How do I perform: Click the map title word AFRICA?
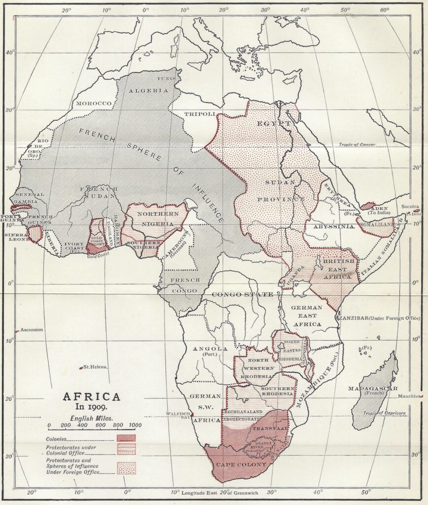tap(90, 397)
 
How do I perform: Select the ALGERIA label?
tap(142, 90)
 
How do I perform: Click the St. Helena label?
tap(94, 367)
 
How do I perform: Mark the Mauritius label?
tap(409, 396)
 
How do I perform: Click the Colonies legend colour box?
tap(126, 438)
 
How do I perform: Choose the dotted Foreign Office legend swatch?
tap(126, 467)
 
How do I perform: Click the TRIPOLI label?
tap(200, 114)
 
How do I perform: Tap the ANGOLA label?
tap(210, 349)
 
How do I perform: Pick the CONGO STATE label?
tap(242, 294)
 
